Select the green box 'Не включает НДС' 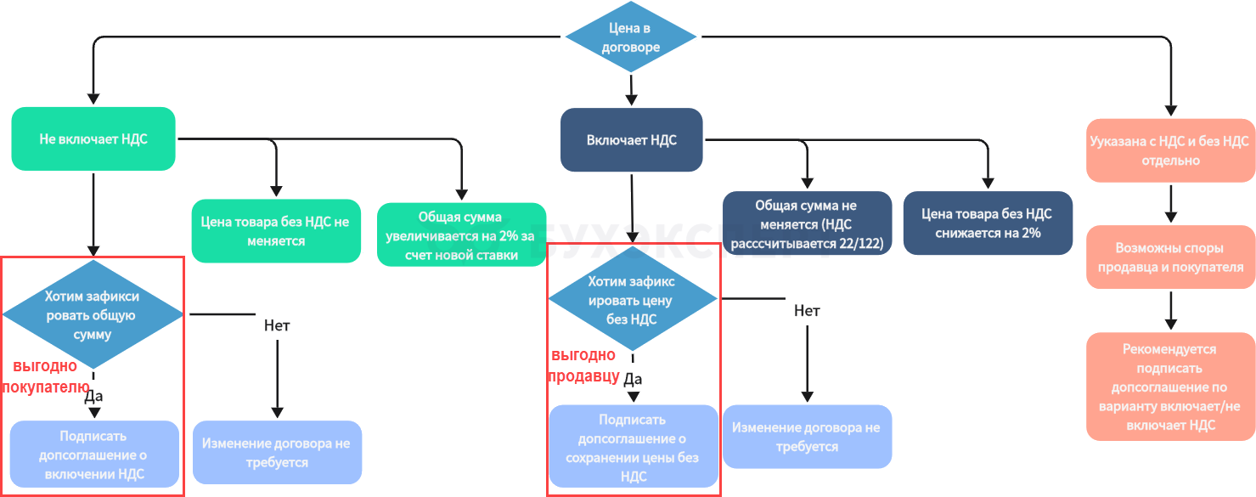[93, 138]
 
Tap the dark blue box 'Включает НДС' [632, 139]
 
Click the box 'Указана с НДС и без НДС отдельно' [1169, 150]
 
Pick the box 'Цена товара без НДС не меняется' [275, 232]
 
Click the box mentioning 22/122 [807, 223]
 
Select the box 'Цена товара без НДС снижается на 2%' [988, 223]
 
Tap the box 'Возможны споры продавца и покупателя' [1170, 257]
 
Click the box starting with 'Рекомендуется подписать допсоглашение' [1170, 387]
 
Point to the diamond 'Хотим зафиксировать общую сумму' [93, 314]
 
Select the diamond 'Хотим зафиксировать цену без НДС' [633, 300]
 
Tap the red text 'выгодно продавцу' [584, 366]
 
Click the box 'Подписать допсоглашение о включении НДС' [94, 455]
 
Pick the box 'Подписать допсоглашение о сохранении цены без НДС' [633, 448]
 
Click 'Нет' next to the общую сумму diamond [277, 325]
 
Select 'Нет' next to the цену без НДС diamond [807, 311]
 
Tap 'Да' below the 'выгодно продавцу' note [633, 379]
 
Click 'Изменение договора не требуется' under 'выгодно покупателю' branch [276, 453]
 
